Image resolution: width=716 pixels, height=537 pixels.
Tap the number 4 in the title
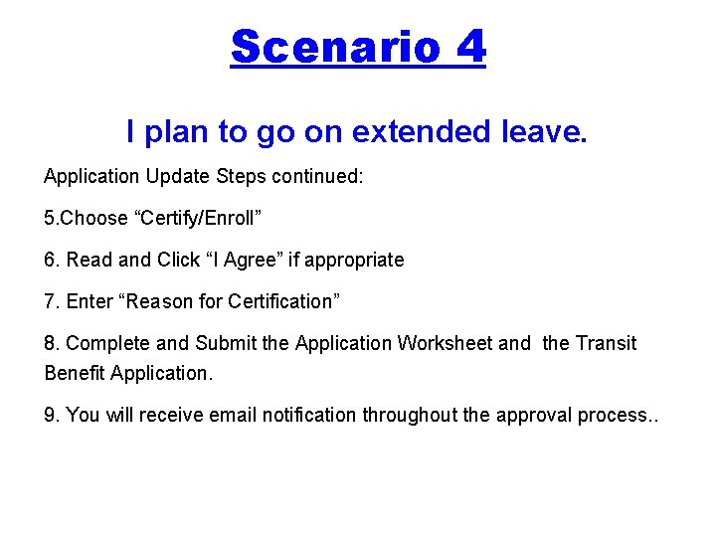tap(470, 47)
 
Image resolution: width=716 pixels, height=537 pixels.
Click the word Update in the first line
tap(174, 176)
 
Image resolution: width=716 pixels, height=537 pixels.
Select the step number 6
tap(51, 260)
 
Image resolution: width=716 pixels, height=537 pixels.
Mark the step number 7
tap(51, 301)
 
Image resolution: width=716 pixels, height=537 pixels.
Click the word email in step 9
tap(235, 415)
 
